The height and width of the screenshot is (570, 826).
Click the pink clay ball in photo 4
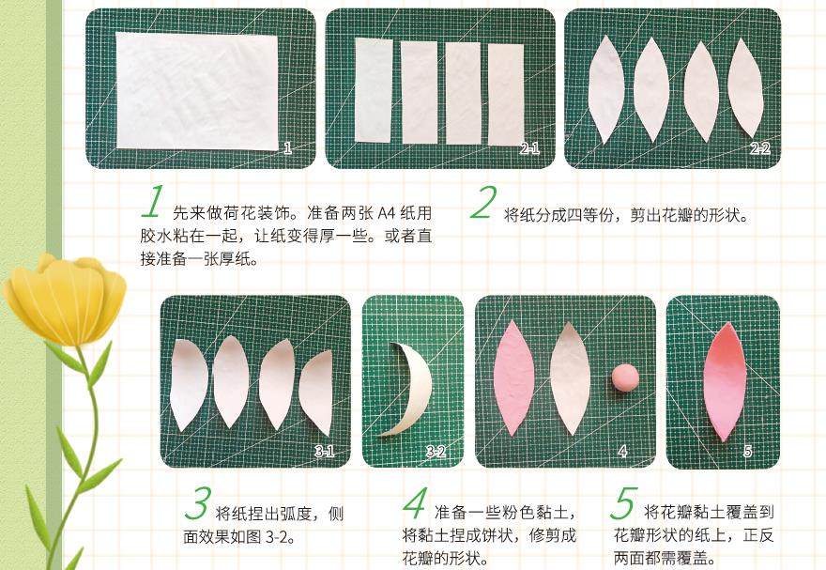(625, 377)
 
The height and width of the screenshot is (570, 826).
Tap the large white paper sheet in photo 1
(197, 90)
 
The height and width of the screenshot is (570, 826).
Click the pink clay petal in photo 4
(513, 377)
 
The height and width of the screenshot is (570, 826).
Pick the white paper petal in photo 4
(570, 378)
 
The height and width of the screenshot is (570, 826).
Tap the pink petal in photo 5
(725, 382)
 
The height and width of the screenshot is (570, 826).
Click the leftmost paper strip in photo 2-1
(374, 90)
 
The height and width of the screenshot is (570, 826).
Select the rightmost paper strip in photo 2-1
(506, 94)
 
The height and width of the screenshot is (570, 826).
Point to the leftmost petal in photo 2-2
(606, 89)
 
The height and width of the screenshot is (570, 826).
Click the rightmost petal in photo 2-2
(745, 88)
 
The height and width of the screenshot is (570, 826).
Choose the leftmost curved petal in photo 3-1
(188, 385)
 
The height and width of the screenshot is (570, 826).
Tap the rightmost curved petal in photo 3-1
(316, 392)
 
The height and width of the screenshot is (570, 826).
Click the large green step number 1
(153, 202)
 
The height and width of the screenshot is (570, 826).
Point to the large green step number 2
(483, 203)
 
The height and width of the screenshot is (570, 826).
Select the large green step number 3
(198, 503)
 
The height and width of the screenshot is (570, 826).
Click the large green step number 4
(415, 503)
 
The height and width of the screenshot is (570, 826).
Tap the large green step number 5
(623, 503)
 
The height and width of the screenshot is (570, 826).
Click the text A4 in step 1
(386, 213)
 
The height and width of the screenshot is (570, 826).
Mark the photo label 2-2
(760, 148)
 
